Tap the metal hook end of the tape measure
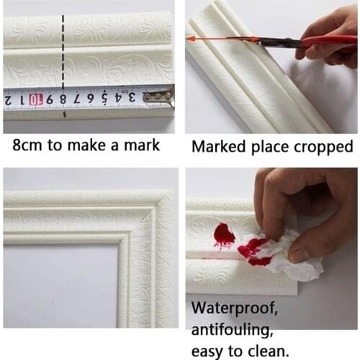click(x=159, y=94)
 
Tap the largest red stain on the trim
click(x=224, y=235)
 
